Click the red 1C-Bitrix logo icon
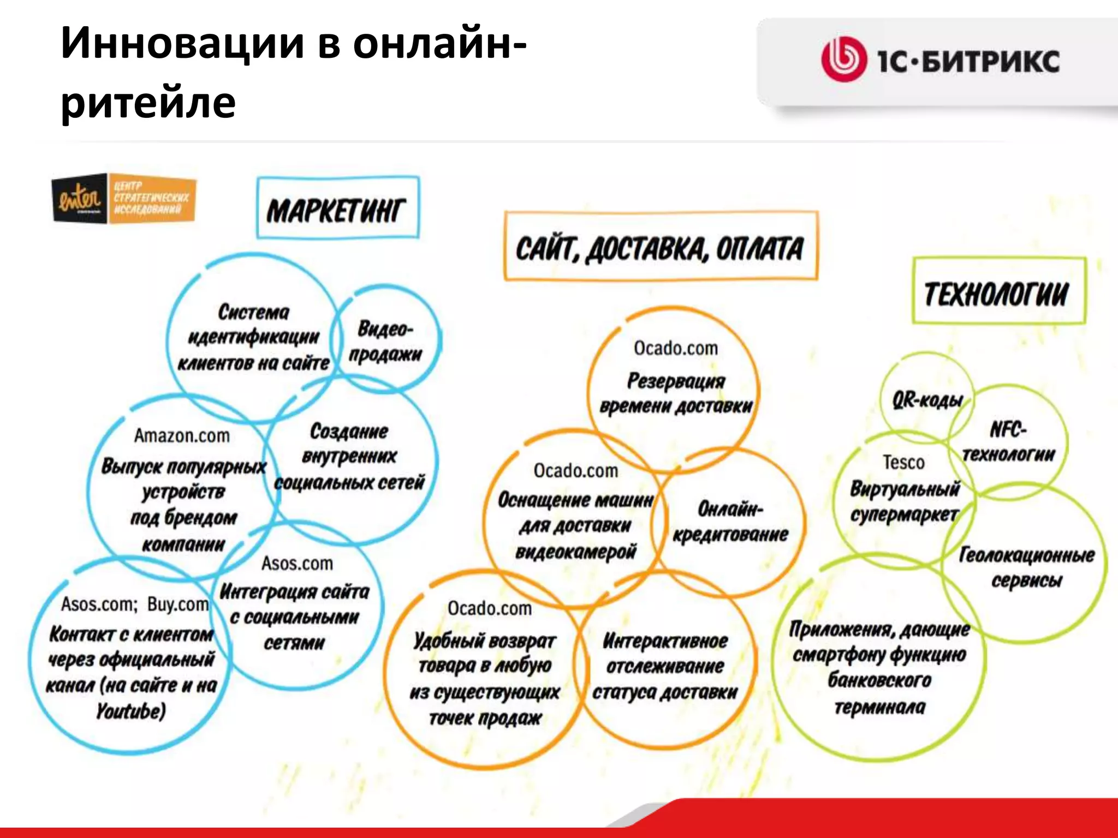(843, 59)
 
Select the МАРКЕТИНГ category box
(337, 208)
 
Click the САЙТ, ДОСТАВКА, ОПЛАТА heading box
(661, 247)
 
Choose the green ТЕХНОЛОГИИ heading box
(998, 292)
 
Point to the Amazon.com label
(182, 436)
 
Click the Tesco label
(903, 463)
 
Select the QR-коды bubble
(926, 400)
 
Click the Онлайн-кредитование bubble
(730, 522)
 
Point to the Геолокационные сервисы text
(1026, 567)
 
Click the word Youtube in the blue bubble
(131, 711)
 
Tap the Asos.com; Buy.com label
(135, 604)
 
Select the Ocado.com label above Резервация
(676, 348)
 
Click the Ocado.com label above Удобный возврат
(490, 608)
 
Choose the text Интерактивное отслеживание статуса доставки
(665, 666)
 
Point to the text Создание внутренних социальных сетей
(349, 457)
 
